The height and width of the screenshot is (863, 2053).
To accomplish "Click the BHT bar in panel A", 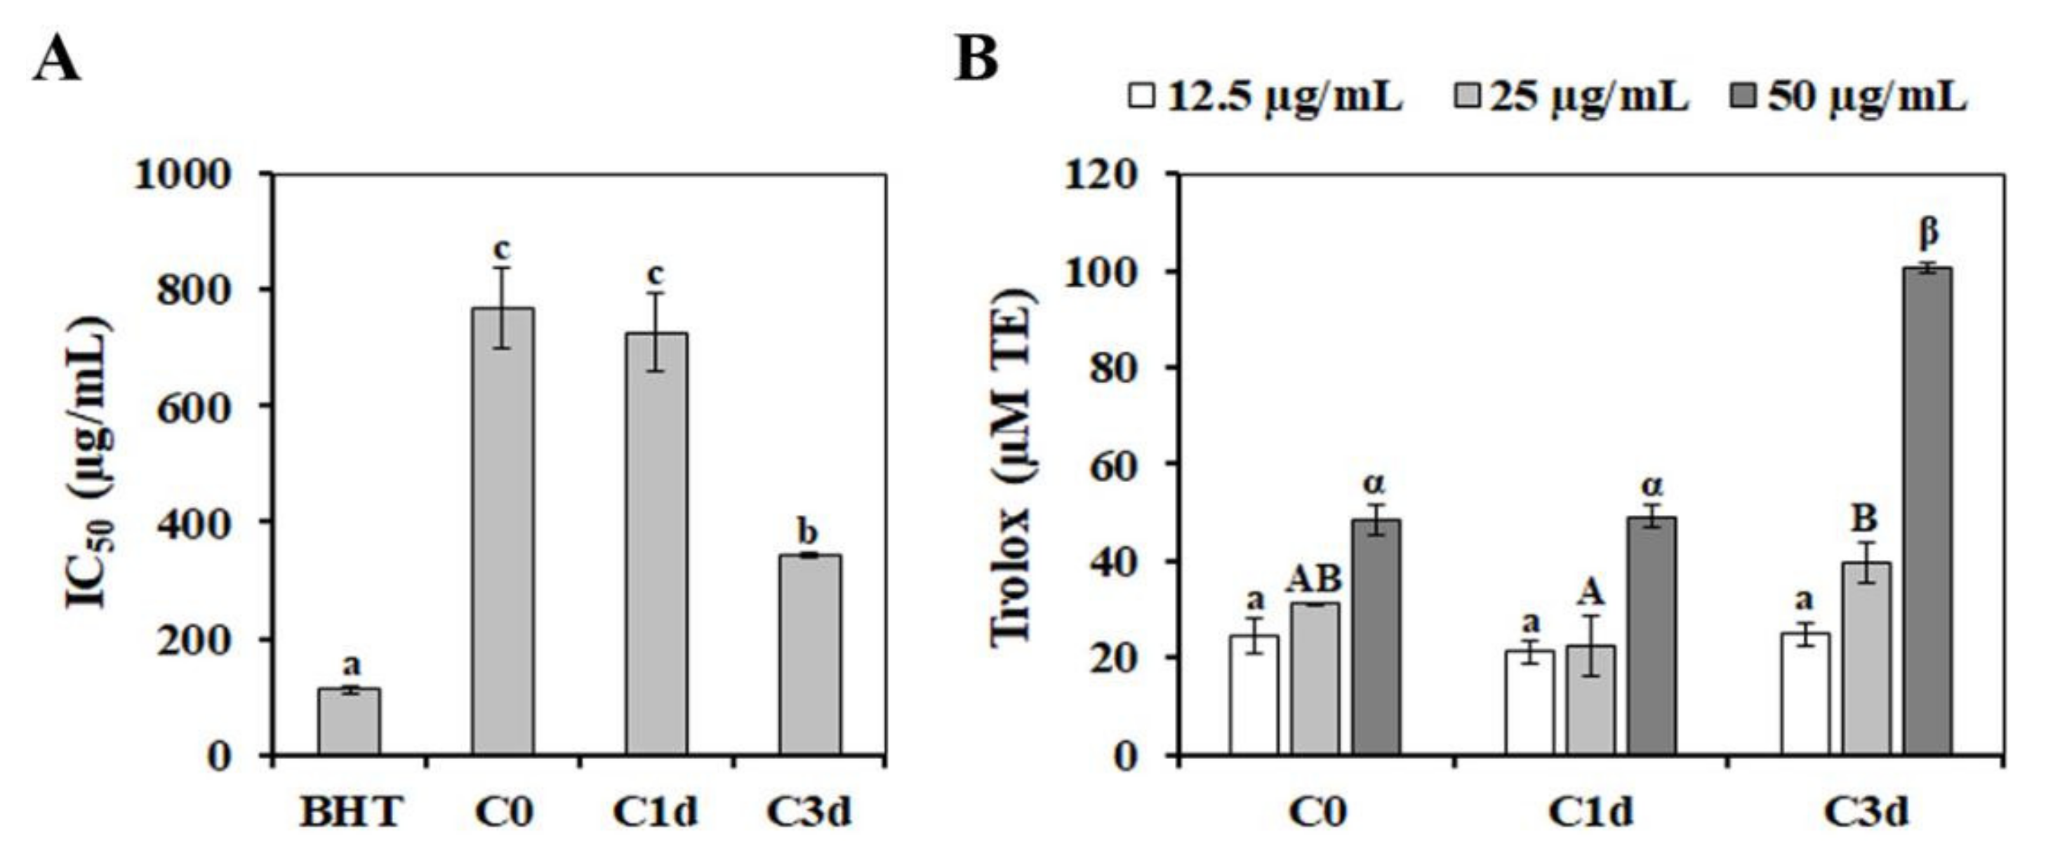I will tap(349, 721).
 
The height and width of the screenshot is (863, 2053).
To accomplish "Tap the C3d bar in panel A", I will tap(810, 653).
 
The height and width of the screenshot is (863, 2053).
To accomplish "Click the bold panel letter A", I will tap(57, 60).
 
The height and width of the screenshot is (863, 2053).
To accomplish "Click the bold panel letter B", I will tap(976, 60).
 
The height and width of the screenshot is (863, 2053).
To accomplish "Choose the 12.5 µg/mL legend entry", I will tap(1265, 98).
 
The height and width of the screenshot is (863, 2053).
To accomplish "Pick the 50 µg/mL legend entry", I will tap(1849, 98).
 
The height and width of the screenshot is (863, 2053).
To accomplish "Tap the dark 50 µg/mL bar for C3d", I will tap(1928, 510).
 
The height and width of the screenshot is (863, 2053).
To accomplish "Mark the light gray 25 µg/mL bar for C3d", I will tap(1866, 657).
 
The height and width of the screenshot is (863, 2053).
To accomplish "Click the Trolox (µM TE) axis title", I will tap(1014, 466).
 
